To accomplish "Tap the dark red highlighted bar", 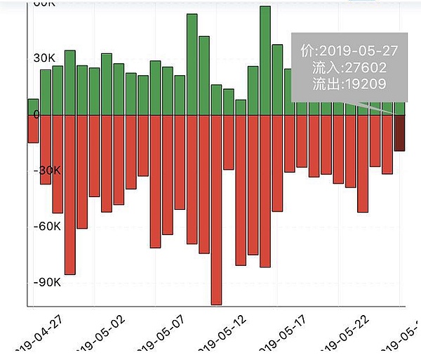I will click(400, 133).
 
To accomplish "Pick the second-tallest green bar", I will click(192, 64).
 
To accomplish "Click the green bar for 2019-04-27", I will click(33, 107).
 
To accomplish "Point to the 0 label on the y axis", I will click(17, 115).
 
